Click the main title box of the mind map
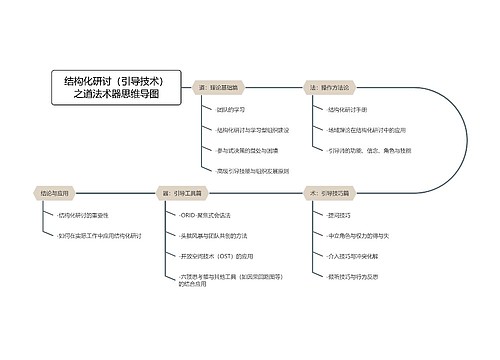pyautogui.click(x=117, y=88)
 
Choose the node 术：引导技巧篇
pyautogui.click(x=335, y=190)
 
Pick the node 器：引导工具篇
pyautogui.click(x=187, y=190)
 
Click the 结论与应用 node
pyautogui.click(x=56, y=190)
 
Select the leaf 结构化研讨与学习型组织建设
pyautogui.click(x=252, y=130)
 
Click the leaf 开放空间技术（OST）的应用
pyautogui.click(x=220, y=256)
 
